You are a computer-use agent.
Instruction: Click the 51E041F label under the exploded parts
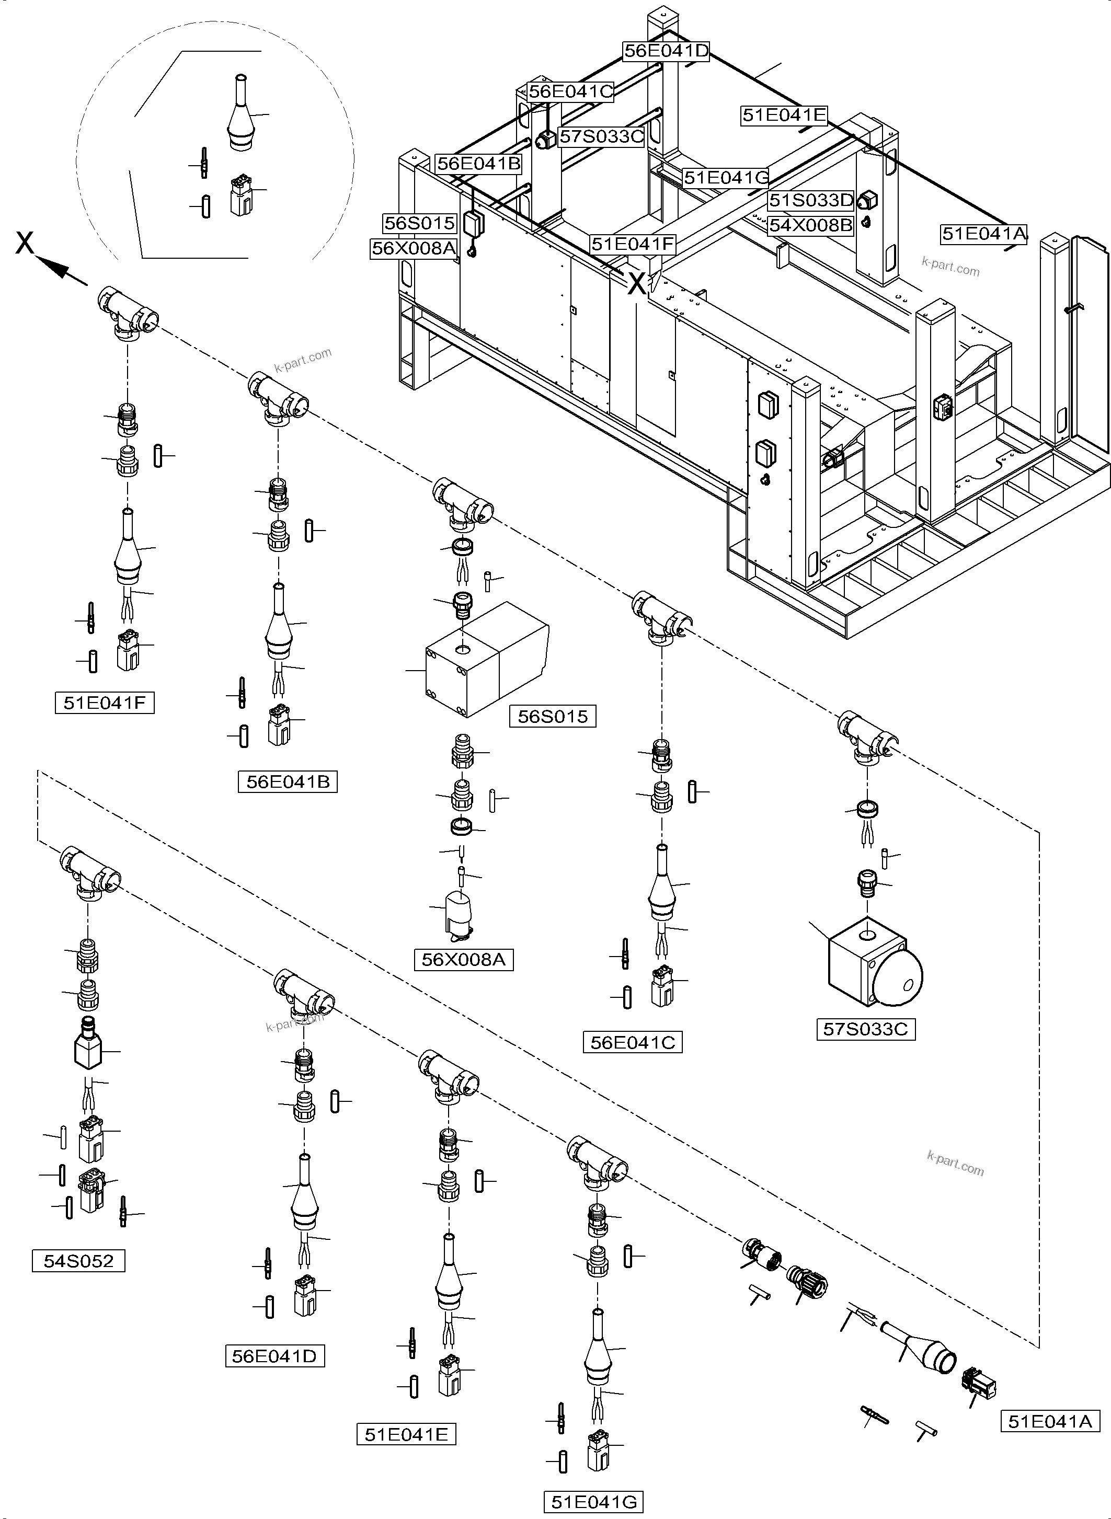click(x=104, y=704)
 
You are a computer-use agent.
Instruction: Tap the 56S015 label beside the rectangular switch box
click(x=552, y=717)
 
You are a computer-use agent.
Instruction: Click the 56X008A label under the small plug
click(x=463, y=960)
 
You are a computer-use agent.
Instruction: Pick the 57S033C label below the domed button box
click(x=865, y=1029)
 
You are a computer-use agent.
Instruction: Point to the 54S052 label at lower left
click(x=78, y=1261)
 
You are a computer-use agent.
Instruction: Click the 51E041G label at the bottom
click(x=593, y=1502)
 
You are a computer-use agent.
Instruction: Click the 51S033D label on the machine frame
click(x=811, y=200)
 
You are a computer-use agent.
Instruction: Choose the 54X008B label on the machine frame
click(x=810, y=225)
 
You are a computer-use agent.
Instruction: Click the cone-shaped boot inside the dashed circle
click(x=241, y=121)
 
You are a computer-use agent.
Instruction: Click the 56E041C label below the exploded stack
click(x=632, y=1043)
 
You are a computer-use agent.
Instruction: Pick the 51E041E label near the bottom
click(x=406, y=1435)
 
